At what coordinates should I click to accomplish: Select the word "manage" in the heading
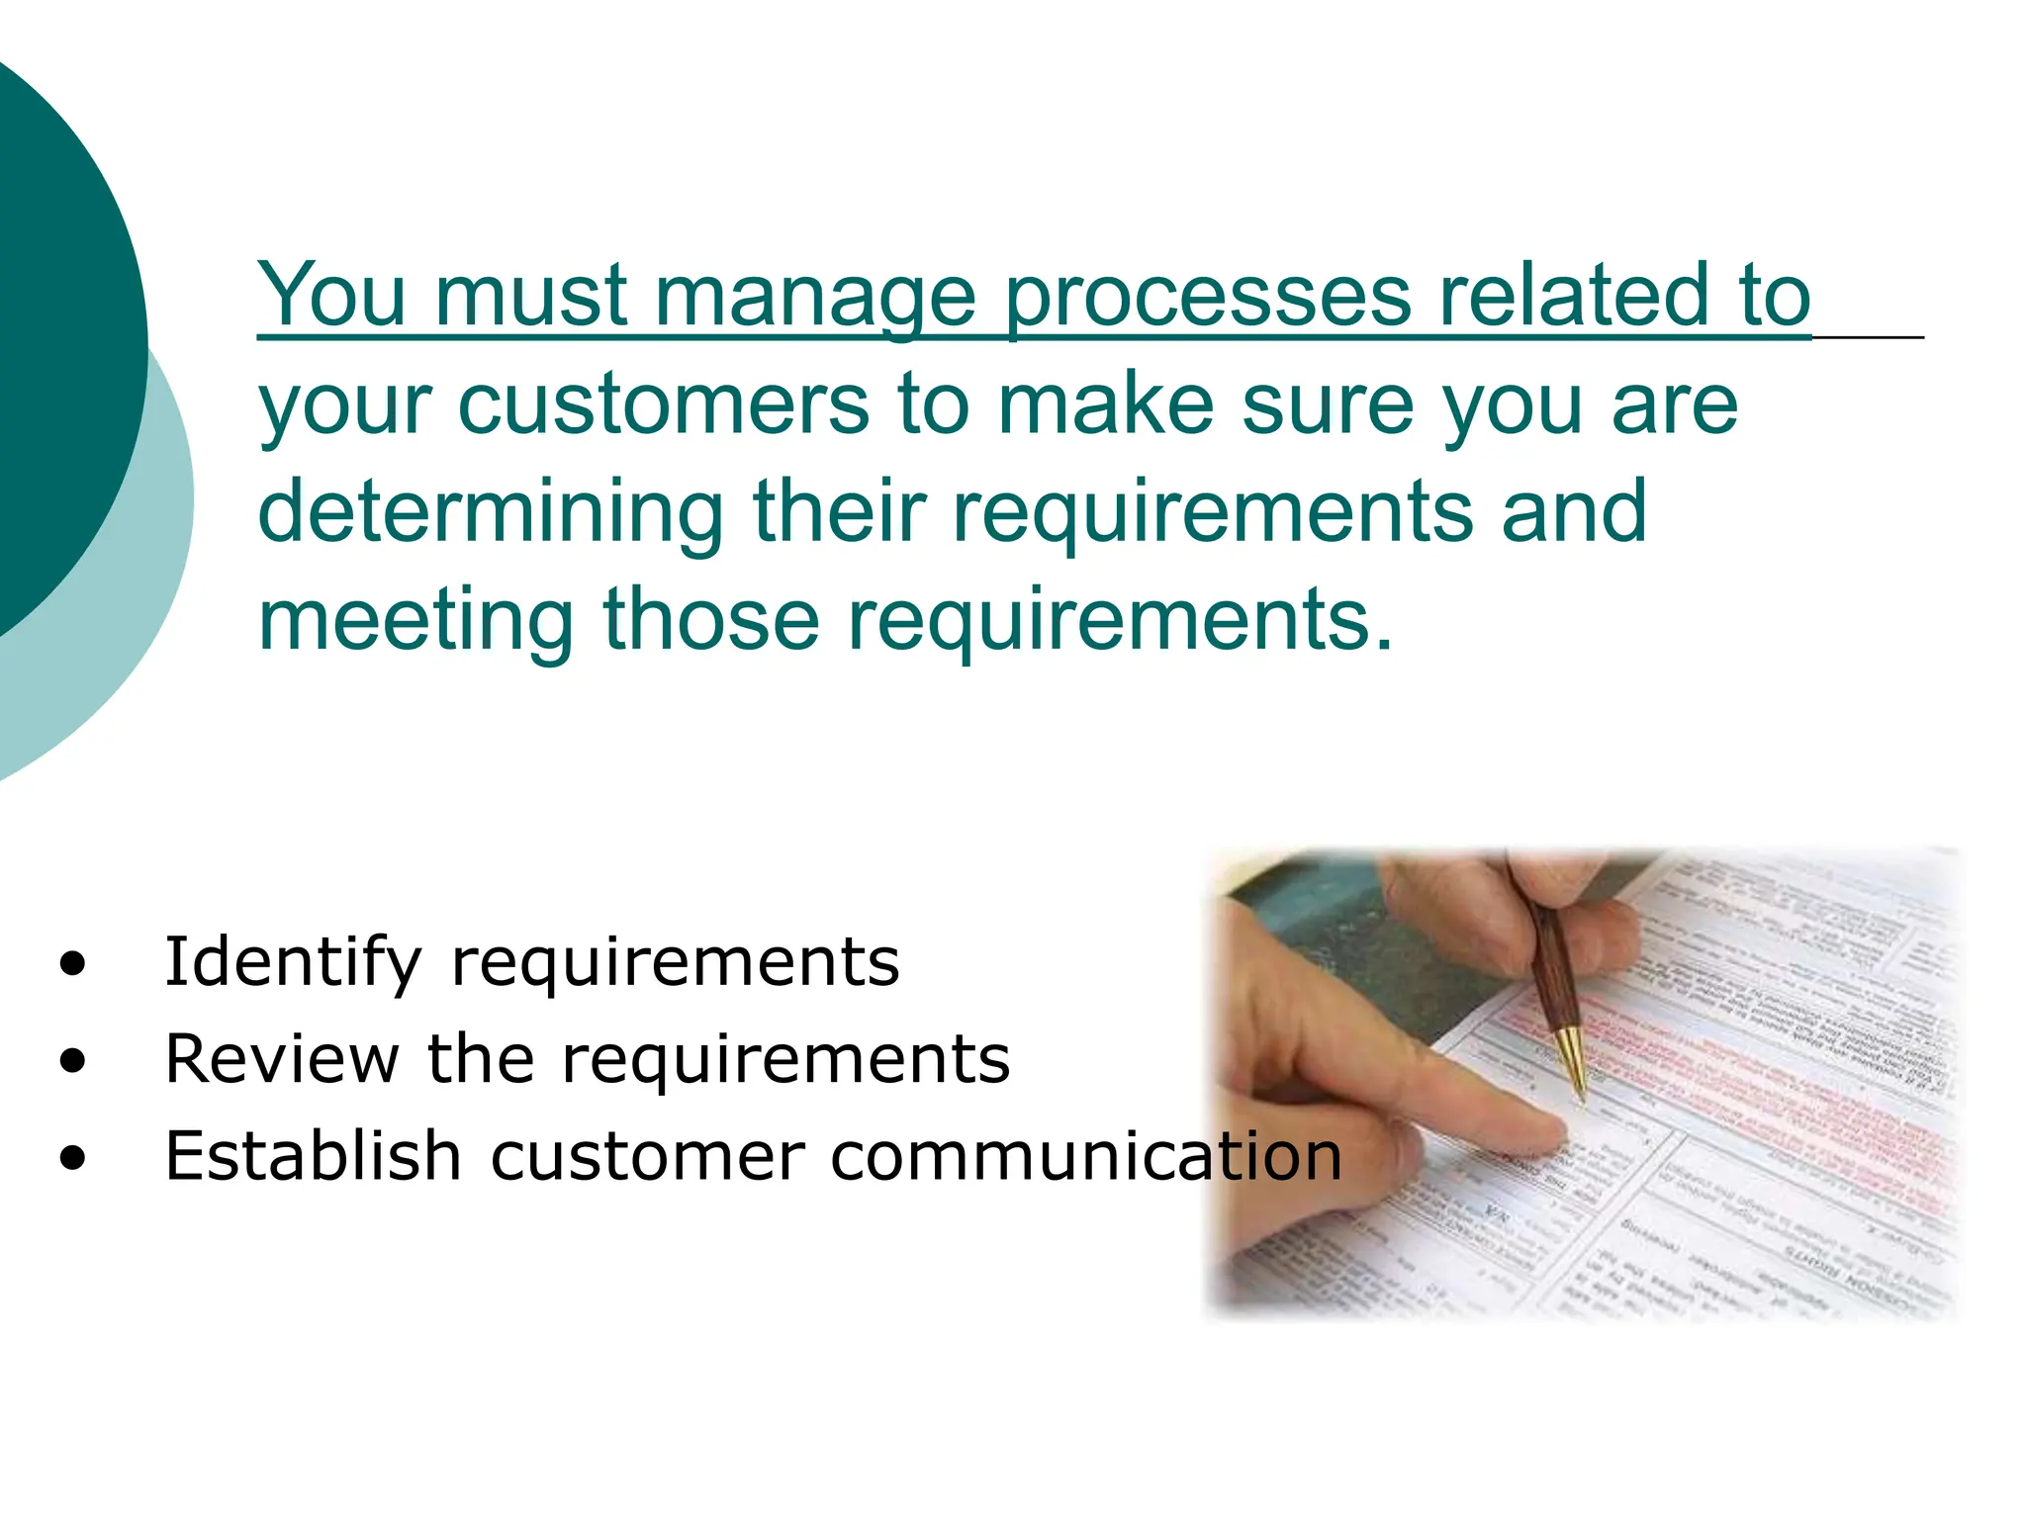(815, 297)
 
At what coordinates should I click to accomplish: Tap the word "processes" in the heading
(1207, 297)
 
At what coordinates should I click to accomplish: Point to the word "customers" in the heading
(663, 404)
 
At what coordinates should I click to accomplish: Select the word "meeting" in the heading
(415, 621)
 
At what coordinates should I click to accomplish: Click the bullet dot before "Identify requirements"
(72, 963)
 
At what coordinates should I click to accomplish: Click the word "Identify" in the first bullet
(293, 962)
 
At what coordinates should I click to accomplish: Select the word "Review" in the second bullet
(281, 1059)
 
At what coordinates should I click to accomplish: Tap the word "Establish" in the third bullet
(313, 1155)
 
